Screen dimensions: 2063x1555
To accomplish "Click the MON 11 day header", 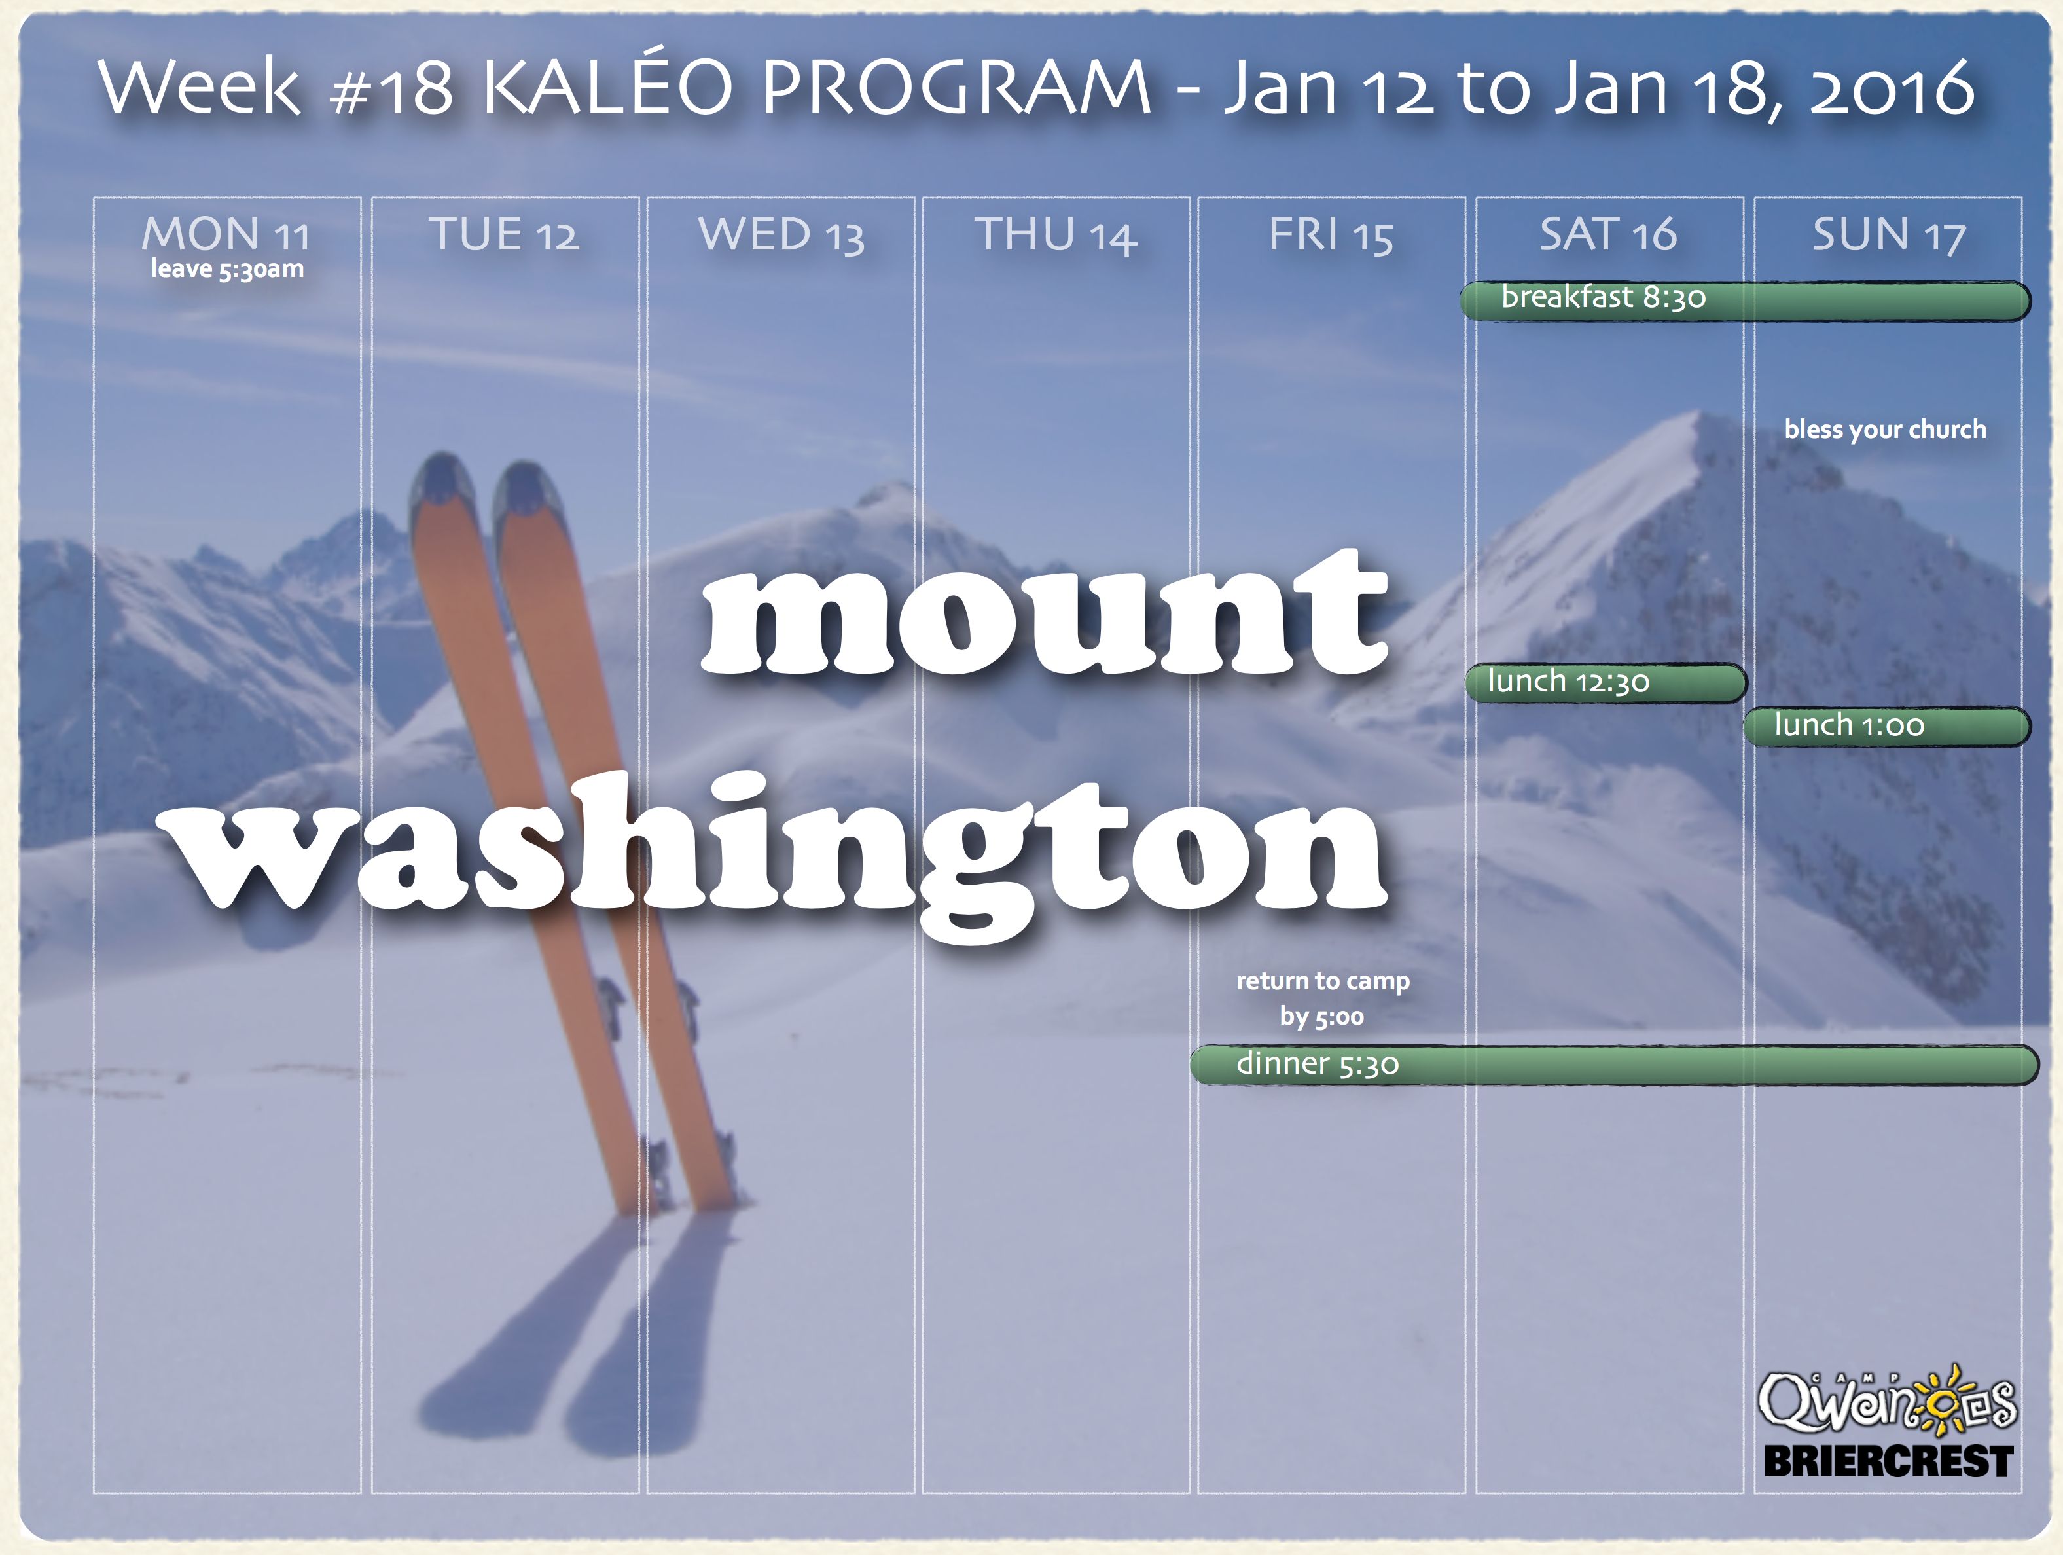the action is point(226,234).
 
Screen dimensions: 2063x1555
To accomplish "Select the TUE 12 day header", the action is point(503,234).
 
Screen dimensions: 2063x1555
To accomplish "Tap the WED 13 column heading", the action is point(781,234).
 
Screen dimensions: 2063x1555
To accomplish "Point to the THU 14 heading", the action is point(1056,234).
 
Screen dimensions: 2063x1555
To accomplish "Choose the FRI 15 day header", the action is point(1331,234).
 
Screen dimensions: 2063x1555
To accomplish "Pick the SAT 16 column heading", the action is point(1608,234).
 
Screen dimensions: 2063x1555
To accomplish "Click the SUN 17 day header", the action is point(1889,234).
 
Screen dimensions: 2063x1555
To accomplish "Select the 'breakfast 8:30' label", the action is point(1603,297).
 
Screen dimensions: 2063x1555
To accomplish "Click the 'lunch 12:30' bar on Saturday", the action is point(1605,683).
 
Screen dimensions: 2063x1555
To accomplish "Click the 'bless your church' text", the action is point(1885,430).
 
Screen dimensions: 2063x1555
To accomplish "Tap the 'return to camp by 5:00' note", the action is point(1323,998).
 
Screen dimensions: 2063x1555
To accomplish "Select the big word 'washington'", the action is point(779,854).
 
